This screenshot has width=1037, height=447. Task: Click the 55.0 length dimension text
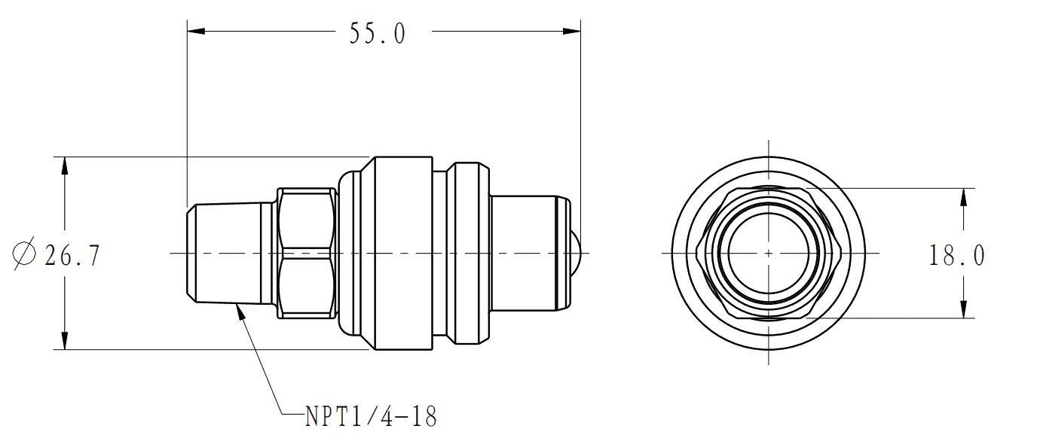click(x=378, y=34)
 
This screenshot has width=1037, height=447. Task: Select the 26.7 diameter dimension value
click(x=72, y=256)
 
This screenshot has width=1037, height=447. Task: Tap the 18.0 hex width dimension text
click(x=957, y=256)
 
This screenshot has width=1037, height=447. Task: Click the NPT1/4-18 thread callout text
click(x=371, y=416)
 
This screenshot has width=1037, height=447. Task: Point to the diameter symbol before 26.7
click(x=24, y=254)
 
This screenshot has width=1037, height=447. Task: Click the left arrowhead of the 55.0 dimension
click(x=196, y=32)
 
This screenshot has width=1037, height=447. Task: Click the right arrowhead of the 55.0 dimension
click(x=572, y=32)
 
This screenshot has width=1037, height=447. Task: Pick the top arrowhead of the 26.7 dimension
click(x=65, y=166)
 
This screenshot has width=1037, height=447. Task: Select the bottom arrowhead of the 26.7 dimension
click(x=65, y=341)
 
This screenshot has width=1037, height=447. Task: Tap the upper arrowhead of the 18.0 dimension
click(x=963, y=197)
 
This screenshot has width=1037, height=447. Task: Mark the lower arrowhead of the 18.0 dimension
click(x=963, y=309)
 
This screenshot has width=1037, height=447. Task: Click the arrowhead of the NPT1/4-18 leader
click(x=240, y=312)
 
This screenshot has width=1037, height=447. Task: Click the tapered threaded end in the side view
click(x=230, y=254)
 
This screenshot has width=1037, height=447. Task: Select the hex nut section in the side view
click(x=307, y=254)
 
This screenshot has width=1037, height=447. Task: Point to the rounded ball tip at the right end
click(x=576, y=254)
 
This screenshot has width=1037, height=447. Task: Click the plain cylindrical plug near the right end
click(x=523, y=254)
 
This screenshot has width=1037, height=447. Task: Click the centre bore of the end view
click(x=769, y=254)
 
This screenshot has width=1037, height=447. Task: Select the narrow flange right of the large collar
click(x=472, y=254)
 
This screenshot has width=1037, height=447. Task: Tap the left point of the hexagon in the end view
click(x=696, y=254)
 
